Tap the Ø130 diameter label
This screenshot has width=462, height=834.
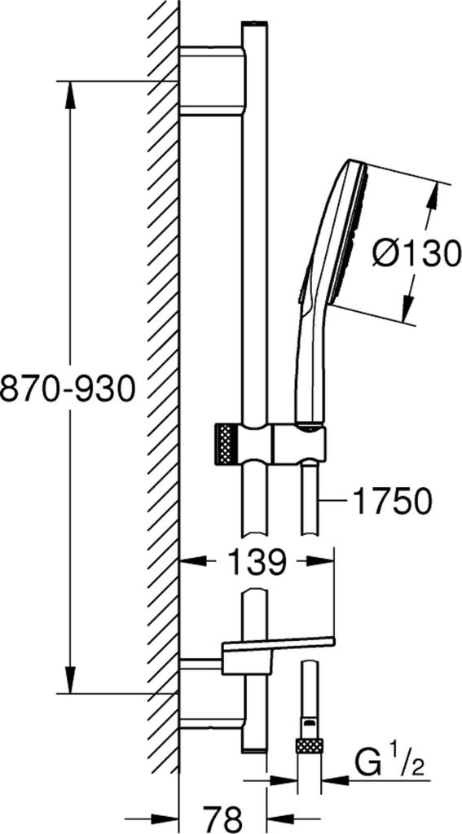point(416,254)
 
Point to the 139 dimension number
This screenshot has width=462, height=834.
point(257,562)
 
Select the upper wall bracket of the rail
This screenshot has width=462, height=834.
point(212,81)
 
